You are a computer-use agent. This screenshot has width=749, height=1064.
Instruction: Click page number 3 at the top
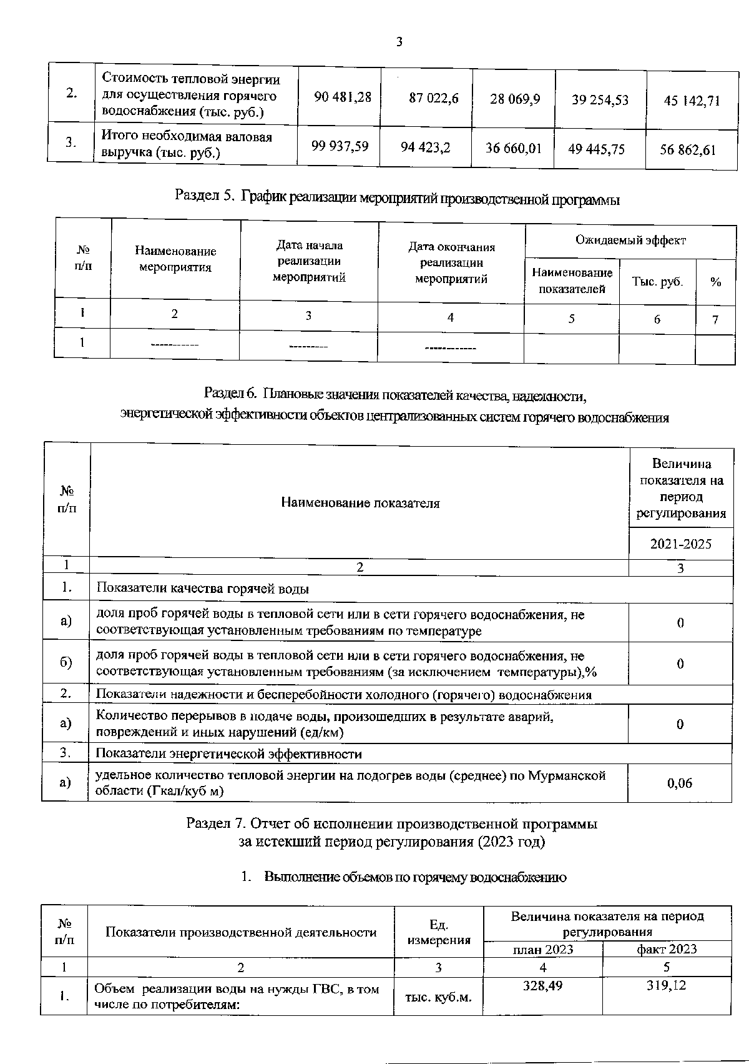click(399, 42)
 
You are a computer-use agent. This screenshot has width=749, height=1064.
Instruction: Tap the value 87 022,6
click(434, 98)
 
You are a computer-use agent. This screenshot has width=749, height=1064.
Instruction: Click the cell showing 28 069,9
click(515, 99)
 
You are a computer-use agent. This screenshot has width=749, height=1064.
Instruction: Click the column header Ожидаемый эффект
click(630, 240)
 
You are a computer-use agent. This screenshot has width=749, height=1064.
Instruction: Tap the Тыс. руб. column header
click(657, 282)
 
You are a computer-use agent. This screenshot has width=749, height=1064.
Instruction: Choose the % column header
click(715, 282)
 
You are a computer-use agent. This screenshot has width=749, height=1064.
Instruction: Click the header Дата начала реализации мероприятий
click(310, 261)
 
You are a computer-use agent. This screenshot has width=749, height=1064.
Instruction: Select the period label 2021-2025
click(680, 544)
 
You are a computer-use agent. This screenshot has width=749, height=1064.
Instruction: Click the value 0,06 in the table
click(680, 783)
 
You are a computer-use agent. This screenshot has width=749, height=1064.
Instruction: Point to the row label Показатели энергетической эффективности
click(228, 753)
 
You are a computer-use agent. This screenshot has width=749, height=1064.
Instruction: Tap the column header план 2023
click(543, 949)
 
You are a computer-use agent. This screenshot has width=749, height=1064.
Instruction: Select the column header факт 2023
click(666, 949)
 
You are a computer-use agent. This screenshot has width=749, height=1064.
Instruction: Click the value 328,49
click(542, 985)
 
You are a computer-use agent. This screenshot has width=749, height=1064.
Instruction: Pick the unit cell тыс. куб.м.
click(438, 997)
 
